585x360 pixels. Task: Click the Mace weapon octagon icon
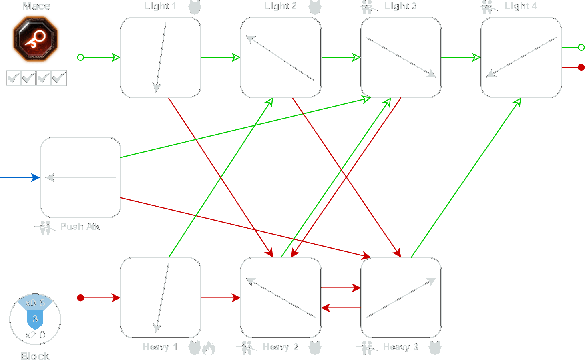(x=36, y=39)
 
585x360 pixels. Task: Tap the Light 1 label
(x=160, y=6)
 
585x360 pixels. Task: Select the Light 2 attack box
(x=281, y=57)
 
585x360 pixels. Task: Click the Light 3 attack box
(x=401, y=57)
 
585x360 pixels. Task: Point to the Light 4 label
(x=521, y=6)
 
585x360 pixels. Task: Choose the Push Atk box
(x=80, y=177)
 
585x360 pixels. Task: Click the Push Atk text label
(x=80, y=227)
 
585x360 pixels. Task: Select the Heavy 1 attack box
(x=161, y=298)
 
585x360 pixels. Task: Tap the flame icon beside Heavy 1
(x=209, y=348)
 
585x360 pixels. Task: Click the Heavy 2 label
(x=280, y=347)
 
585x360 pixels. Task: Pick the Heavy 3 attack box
(x=401, y=298)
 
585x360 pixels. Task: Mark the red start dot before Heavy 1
(x=80, y=298)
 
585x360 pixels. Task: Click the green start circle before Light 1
(x=80, y=57)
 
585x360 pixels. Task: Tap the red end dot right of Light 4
(x=581, y=67)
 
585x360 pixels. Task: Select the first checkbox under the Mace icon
(x=13, y=78)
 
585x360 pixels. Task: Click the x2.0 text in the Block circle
(x=35, y=335)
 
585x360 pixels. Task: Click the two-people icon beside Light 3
(x=367, y=7)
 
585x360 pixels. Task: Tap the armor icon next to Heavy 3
(x=435, y=347)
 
